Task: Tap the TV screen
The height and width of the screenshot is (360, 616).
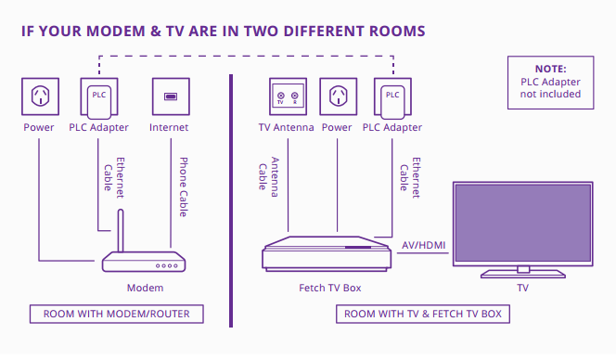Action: [522, 223]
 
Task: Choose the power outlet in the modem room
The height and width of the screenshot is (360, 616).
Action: [39, 96]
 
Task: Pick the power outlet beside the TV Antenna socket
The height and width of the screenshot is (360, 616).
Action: [337, 96]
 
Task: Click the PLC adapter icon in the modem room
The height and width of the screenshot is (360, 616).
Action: [98, 96]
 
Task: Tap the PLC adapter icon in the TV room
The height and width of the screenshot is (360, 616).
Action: [392, 96]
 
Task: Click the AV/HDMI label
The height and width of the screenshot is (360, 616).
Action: [423, 245]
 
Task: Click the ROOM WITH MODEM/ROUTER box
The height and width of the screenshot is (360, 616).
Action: [116, 314]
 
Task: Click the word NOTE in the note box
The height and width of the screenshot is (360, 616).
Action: [550, 69]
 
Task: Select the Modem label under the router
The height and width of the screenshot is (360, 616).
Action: [145, 289]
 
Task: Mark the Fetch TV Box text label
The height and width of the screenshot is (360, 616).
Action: [329, 289]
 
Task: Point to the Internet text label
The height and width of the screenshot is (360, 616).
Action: [169, 127]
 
